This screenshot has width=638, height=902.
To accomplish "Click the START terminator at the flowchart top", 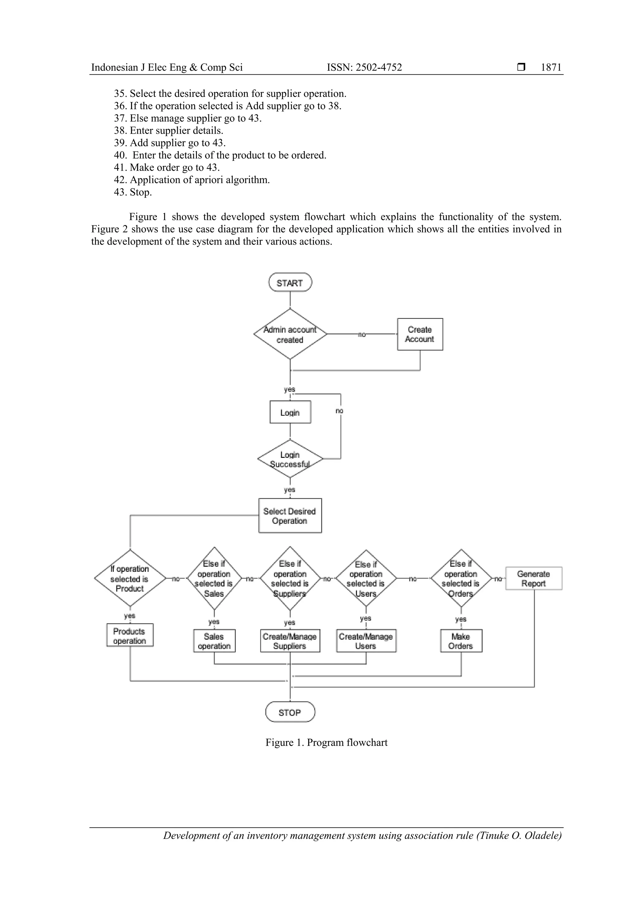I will tap(290, 282).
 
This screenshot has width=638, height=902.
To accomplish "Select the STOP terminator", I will tap(290, 712).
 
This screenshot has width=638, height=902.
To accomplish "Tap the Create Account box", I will tap(420, 334).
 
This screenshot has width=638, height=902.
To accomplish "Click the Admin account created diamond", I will tap(290, 334).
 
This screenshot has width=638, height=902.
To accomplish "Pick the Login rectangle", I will tap(290, 412).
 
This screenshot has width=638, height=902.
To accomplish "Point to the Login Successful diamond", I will tap(290, 459).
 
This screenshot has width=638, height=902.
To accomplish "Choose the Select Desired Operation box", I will tap(290, 516).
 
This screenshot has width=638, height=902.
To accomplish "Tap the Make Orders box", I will tap(460, 641).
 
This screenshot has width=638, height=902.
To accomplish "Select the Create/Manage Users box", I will tap(366, 641).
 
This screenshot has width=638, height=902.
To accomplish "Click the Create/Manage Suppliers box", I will tap(290, 641).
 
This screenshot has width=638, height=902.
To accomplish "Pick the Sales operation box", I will tap(214, 641).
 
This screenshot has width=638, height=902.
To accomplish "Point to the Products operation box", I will tap(130, 635).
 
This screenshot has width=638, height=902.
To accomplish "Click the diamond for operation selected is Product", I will tap(130, 578).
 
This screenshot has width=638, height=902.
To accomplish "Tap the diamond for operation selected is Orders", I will tap(460, 578).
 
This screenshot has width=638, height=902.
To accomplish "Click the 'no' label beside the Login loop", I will tap(340, 411).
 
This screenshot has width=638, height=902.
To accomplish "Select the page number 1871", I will tap(551, 67).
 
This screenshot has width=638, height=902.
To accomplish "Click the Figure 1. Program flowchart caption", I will tap(326, 743).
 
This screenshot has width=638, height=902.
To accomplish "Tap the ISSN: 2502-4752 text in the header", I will tap(364, 67).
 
